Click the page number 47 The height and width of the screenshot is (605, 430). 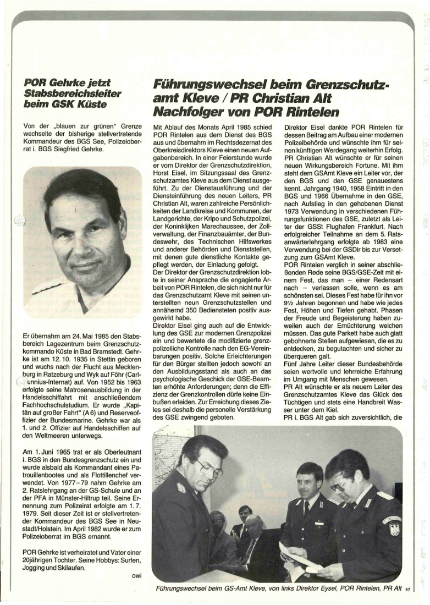click(408, 589)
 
